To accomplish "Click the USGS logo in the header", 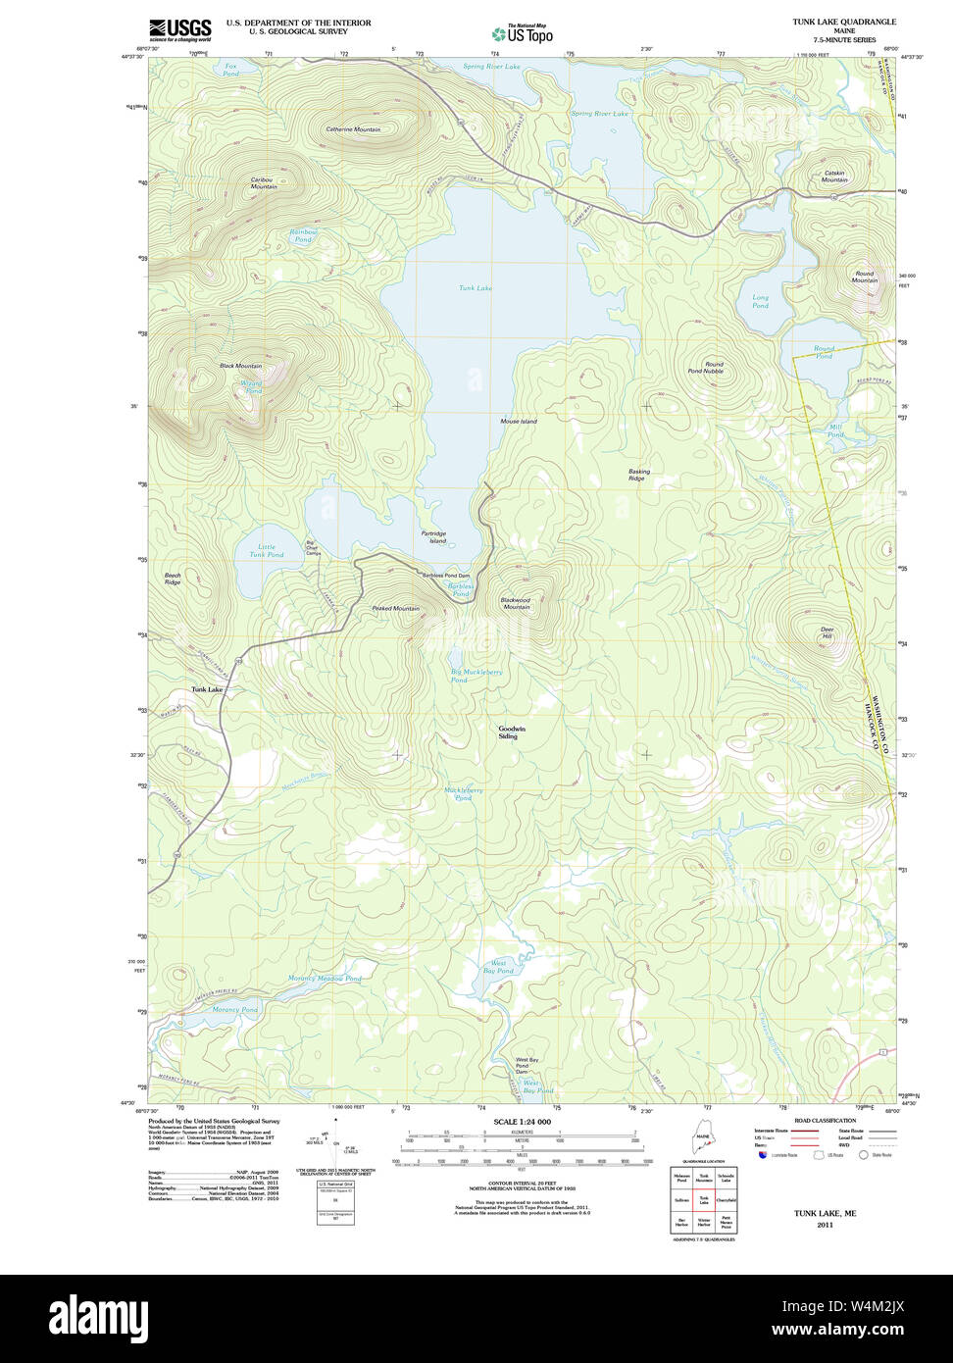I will pyautogui.click(x=179, y=28).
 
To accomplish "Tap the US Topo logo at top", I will pyautogui.click(x=522, y=33).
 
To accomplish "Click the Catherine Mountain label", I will pyautogui.click(x=353, y=129).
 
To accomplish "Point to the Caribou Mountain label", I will pyautogui.click(x=263, y=182).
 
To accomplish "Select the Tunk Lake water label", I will pyautogui.click(x=476, y=288).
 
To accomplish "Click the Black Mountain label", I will pyautogui.click(x=240, y=366).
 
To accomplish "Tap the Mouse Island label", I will pyautogui.click(x=519, y=422).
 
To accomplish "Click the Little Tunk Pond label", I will pyautogui.click(x=267, y=551).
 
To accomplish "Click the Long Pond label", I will pyautogui.click(x=760, y=301).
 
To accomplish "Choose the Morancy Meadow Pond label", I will pyautogui.click(x=325, y=979).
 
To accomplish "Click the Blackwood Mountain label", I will pyautogui.click(x=516, y=603).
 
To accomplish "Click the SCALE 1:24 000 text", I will pyautogui.click(x=522, y=1122).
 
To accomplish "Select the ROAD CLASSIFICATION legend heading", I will pyautogui.click(x=825, y=1121).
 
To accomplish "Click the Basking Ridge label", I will pyautogui.click(x=637, y=475).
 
